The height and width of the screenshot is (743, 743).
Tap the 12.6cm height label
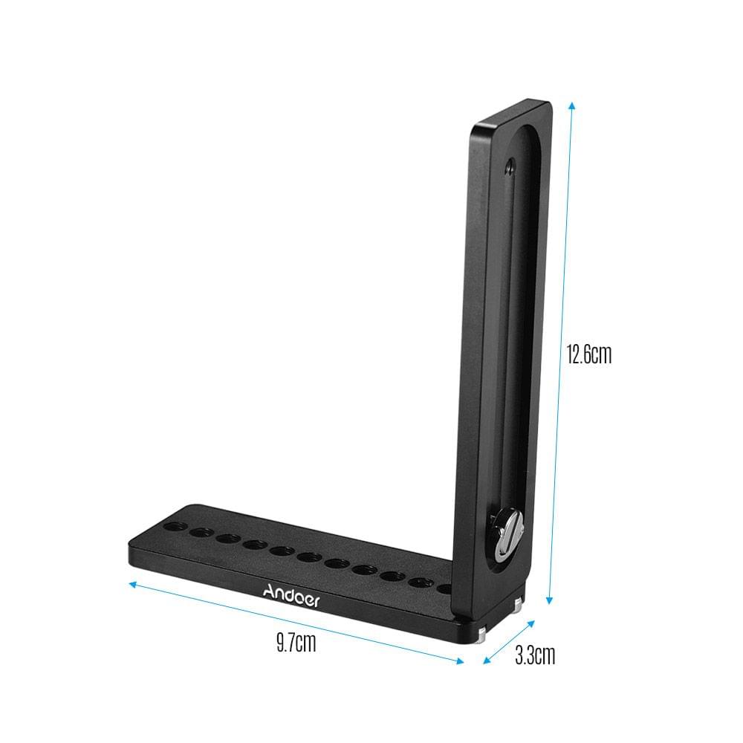click(588, 354)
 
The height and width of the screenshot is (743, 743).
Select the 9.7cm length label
click(296, 642)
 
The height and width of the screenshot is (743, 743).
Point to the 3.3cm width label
click(535, 655)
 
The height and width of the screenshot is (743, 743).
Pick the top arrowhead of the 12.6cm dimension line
click(571, 106)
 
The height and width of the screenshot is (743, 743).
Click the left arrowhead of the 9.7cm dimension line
click(133, 584)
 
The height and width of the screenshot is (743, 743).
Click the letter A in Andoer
click(269, 591)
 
